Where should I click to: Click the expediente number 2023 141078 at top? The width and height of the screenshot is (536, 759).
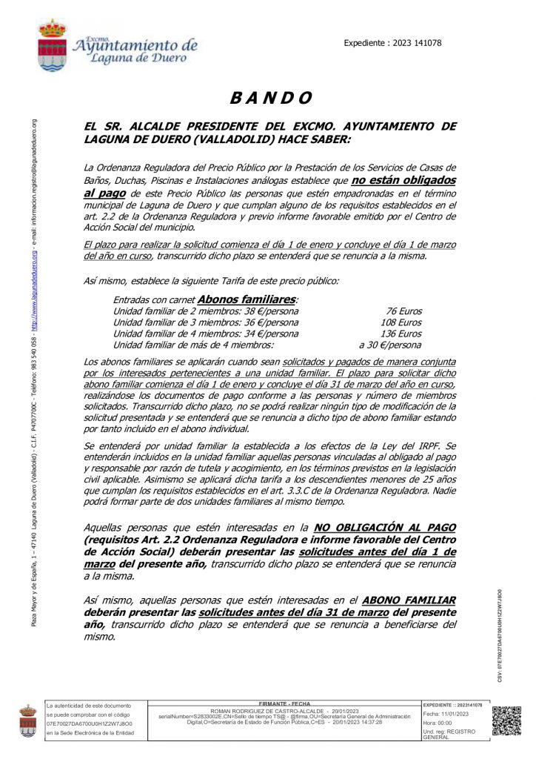(392, 43)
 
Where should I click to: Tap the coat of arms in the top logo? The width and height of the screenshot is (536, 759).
(53, 46)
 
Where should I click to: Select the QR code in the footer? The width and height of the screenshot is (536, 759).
(506, 720)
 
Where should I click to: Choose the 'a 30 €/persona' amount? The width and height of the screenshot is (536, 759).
(390, 345)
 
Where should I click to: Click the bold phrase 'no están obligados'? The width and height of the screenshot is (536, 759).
(403, 180)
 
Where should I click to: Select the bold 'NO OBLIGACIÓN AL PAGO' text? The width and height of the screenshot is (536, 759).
(385, 527)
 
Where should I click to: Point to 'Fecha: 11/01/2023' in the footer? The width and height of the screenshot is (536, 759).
(446, 714)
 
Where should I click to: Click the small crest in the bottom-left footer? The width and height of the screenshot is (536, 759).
(28, 720)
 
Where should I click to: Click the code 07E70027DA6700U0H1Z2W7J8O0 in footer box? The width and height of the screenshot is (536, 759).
(90, 723)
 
